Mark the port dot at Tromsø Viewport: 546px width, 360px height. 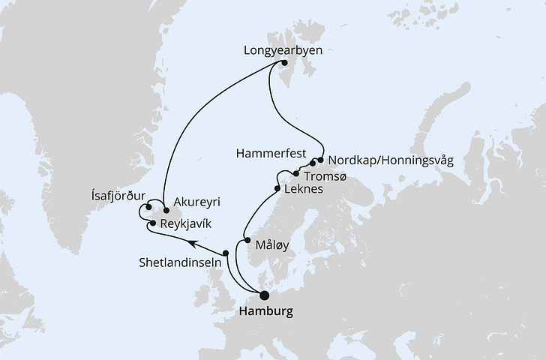[296, 174]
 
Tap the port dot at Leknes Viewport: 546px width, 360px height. [278, 188]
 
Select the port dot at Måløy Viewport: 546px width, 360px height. [247, 241]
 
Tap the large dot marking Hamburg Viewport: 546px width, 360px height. [264, 295]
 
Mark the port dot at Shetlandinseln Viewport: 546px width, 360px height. [225, 252]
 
